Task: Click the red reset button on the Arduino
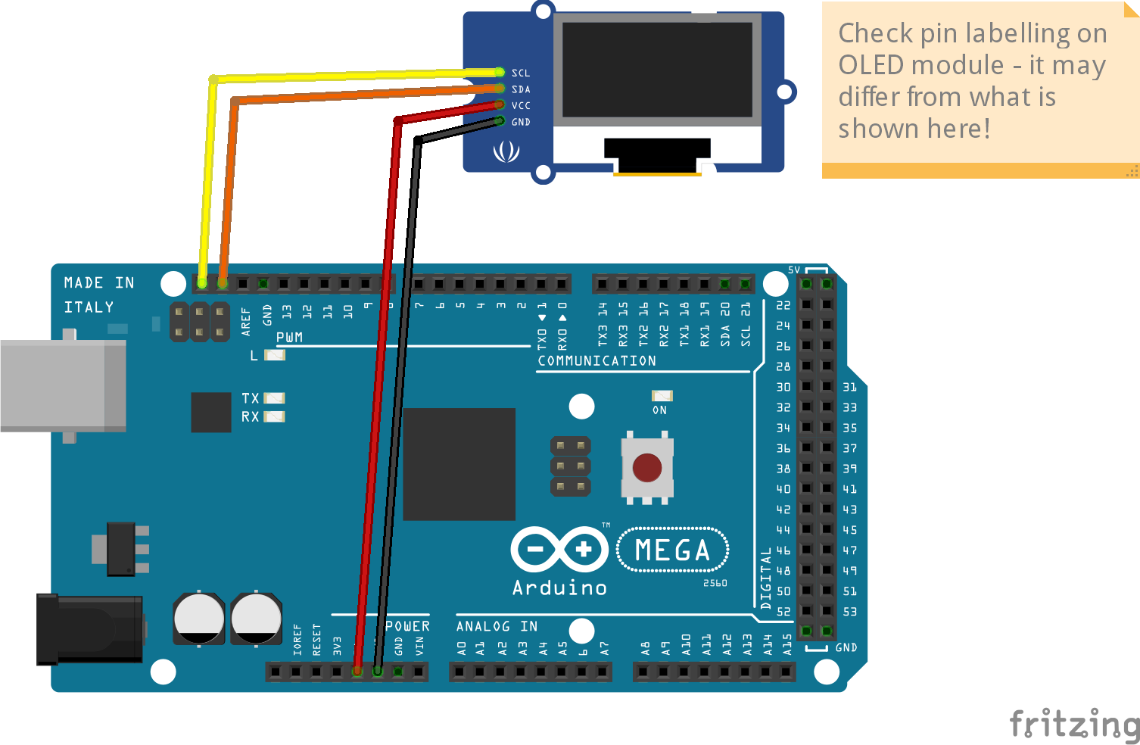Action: tap(646, 468)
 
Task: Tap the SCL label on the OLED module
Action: tap(521, 73)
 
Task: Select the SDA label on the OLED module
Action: tap(521, 89)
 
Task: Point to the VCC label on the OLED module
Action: tap(521, 106)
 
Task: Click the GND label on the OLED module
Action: tap(521, 122)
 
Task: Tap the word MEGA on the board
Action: tap(672, 550)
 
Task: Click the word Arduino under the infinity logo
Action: tap(559, 588)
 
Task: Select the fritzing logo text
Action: tap(1074, 724)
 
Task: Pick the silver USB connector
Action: tap(63, 385)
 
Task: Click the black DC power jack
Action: tap(89, 629)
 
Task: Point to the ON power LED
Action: tap(662, 396)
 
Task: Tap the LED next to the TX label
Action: tap(274, 398)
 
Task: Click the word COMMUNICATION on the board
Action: tap(596, 361)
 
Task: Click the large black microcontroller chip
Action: tap(459, 464)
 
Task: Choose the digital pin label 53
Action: tap(850, 612)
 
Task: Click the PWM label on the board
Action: tap(289, 337)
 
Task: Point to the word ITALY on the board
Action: tap(89, 307)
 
